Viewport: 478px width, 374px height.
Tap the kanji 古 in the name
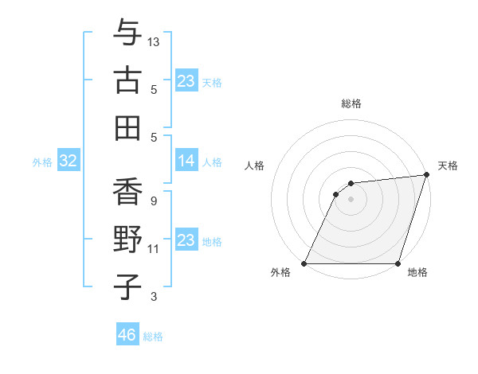coord(127,81)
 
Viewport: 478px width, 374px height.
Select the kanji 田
coord(127,127)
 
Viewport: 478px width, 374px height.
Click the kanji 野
coord(127,240)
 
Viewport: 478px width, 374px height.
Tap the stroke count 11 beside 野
coord(154,249)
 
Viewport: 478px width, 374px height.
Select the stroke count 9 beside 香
coord(153,201)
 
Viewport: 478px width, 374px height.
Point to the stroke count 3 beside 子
coord(153,298)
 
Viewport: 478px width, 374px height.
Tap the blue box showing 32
coord(69,162)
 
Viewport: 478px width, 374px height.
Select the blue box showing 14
coord(186,162)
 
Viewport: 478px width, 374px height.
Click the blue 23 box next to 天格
coord(186,81)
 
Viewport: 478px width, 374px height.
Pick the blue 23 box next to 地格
coord(186,240)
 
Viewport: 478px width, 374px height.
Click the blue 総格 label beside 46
coord(153,337)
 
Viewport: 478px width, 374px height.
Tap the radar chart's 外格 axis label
coord(280,273)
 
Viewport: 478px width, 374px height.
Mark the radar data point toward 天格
coord(426,175)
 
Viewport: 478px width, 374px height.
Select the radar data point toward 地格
coord(398,263)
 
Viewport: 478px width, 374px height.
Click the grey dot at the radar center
coord(351,199)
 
